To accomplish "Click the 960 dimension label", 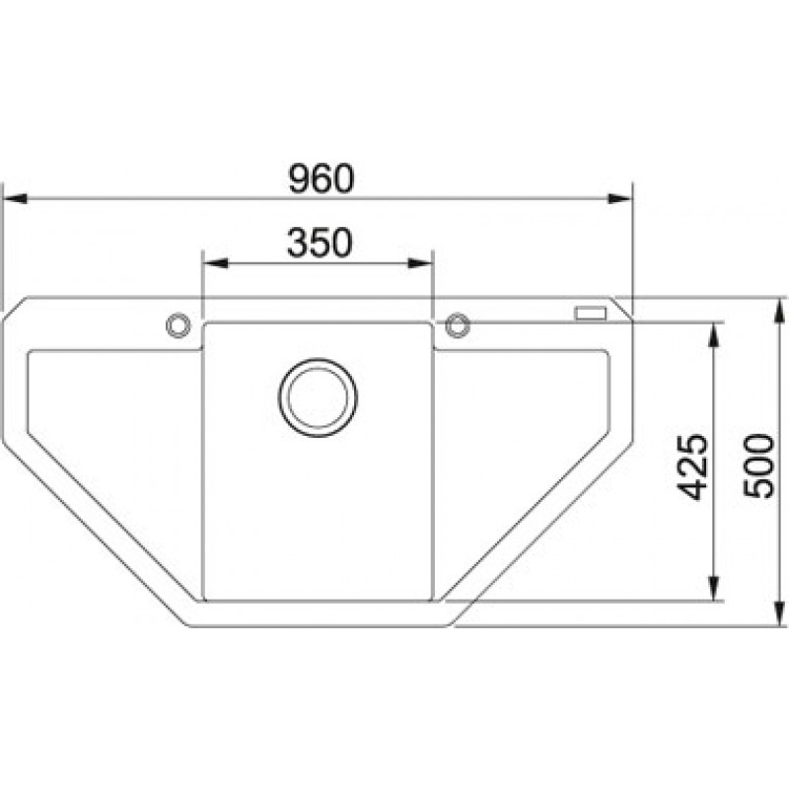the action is click(x=322, y=179).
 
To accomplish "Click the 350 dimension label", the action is click(x=320, y=243).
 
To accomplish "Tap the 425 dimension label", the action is click(x=693, y=466).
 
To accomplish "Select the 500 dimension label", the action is click(x=758, y=466).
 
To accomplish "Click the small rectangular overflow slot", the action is click(x=591, y=314).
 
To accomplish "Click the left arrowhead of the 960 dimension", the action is click(x=15, y=198).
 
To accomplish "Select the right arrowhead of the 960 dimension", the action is click(x=620, y=198).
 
